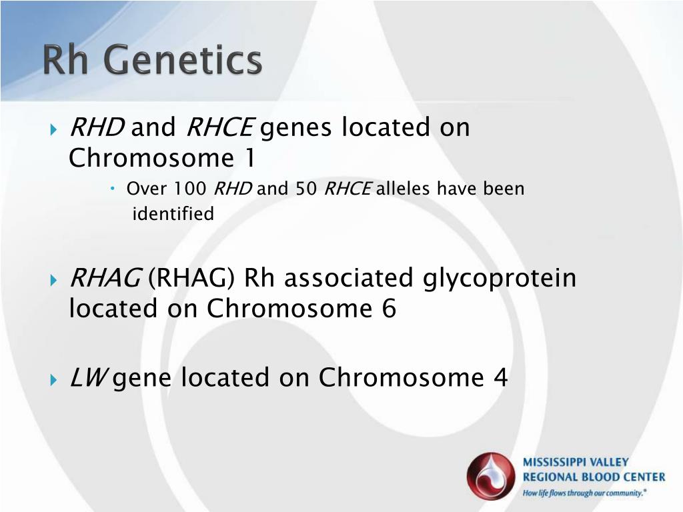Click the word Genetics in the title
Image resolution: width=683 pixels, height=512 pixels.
(183, 59)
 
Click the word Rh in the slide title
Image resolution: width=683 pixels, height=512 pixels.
(65, 59)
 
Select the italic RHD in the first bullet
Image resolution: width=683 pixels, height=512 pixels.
(97, 127)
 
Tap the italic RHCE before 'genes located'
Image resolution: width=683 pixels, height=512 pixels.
(220, 127)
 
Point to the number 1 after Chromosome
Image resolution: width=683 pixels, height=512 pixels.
(249, 157)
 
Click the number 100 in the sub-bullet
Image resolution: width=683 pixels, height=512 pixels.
(190, 189)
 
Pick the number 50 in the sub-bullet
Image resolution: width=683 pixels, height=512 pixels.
(306, 189)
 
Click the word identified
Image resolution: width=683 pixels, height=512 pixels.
(173, 214)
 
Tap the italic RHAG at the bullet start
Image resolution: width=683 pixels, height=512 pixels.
(105, 278)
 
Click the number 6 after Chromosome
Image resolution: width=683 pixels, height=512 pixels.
(389, 308)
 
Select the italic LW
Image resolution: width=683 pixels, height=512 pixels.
(87, 377)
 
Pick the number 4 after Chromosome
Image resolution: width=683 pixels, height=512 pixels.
(500, 377)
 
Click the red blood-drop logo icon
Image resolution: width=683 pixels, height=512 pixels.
(491, 477)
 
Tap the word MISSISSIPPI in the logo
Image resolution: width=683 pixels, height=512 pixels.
(550, 462)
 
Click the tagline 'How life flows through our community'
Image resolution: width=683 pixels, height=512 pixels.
(584, 493)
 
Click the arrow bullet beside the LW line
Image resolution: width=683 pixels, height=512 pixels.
(53, 379)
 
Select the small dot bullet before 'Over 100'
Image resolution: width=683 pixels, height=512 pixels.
(112, 189)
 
